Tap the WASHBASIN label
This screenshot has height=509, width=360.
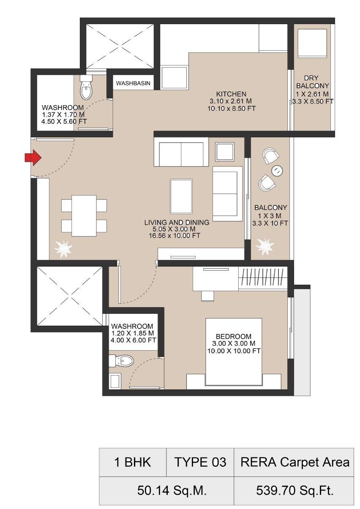tap(133, 83)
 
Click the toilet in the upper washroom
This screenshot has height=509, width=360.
tap(86, 88)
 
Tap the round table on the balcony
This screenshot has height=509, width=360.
tap(277, 170)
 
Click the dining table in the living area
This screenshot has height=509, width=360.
tap(84, 215)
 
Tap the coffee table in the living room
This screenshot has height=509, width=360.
tap(182, 196)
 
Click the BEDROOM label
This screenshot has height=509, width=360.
tap(233, 336)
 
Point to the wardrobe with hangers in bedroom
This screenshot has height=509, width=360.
tap(263, 279)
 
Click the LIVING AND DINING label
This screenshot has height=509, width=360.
tap(177, 222)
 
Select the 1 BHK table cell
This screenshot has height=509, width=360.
tap(133, 462)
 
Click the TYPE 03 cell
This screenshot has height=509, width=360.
tap(200, 462)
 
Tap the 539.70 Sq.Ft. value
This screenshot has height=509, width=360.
tap(295, 491)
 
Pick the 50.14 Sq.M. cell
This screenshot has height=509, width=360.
tap(166, 491)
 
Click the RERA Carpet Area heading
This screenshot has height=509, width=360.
tap(295, 462)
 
